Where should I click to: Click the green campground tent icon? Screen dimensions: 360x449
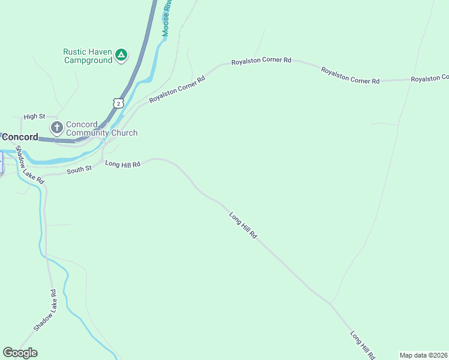click(121, 56)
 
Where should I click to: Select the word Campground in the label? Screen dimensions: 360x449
click(88, 60)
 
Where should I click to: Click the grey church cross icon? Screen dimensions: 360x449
click(57, 127)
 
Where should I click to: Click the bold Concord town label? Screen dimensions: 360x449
click(19, 137)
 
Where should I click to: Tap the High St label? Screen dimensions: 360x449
click(34, 116)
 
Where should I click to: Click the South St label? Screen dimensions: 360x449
click(79, 169)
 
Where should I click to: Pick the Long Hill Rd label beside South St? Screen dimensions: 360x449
click(122, 163)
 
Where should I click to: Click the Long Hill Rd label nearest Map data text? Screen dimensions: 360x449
click(363, 344)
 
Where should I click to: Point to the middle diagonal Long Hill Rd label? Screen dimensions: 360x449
click(243, 226)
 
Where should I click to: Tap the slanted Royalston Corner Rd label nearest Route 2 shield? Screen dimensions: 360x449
click(177, 89)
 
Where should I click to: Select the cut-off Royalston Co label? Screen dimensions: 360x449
click(429, 79)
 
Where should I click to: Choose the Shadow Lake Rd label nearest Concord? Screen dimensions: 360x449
click(29, 164)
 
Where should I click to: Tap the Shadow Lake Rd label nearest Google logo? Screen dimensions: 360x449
click(45, 310)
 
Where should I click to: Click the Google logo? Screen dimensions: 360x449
click(20, 353)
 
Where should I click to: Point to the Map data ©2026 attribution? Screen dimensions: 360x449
click(423, 355)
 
